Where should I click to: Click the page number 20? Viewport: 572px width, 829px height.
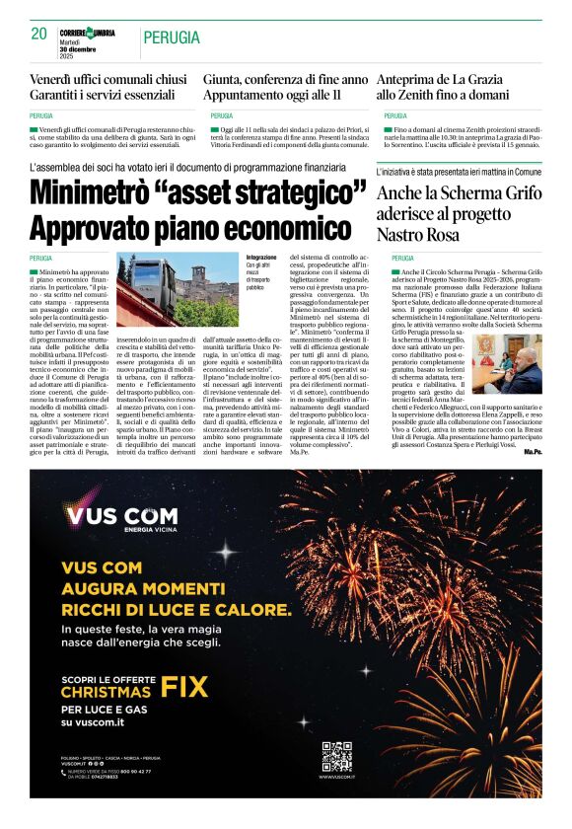(x=38, y=35)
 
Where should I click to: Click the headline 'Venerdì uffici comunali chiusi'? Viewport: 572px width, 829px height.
(x=107, y=79)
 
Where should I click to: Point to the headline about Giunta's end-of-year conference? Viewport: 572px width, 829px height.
(x=285, y=79)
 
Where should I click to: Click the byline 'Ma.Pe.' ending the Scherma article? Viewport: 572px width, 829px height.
(x=533, y=451)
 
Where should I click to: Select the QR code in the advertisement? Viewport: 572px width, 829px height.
(x=336, y=757)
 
